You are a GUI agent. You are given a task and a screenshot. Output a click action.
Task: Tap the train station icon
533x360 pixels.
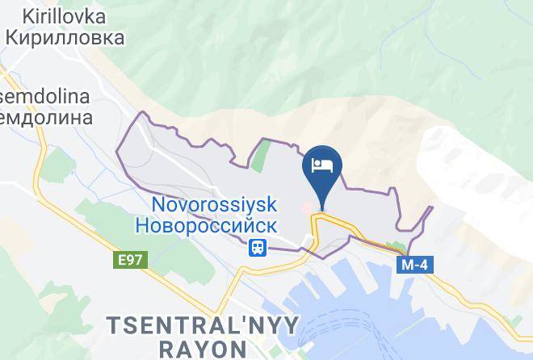(x=258, y=247)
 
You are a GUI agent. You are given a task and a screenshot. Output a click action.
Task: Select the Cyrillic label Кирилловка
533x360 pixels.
(x=64, y=37)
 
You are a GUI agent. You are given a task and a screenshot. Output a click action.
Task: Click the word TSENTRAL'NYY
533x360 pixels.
(x=203, y=325)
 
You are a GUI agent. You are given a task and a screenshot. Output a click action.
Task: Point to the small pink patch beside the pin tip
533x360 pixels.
(x=308, y=208)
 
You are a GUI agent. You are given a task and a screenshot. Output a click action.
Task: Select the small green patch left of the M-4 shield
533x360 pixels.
(x=395, y=246)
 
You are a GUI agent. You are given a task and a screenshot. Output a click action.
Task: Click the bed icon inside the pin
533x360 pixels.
(x=322, y=165)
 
